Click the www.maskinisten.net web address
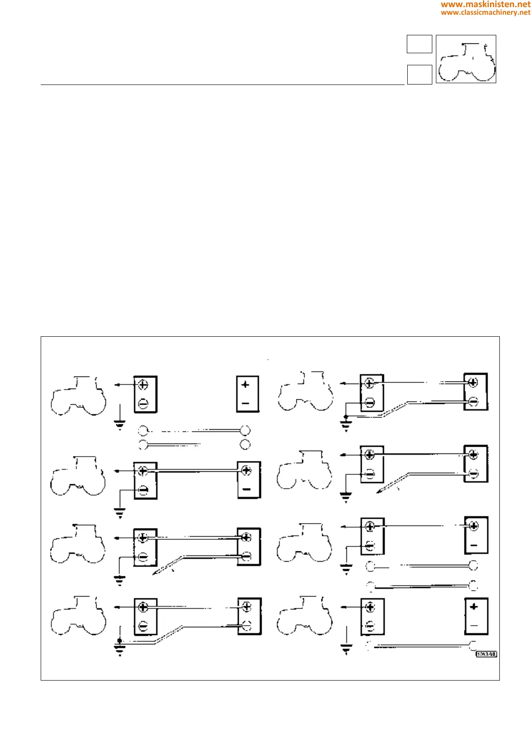pyautogui.click(x=486, y=4)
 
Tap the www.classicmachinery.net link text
pyautogui.click(x=486, y=13)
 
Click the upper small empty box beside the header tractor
pyautogui.click(x=419, y=44)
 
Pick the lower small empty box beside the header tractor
pyautogui.click(x=419, y=74)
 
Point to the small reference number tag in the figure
pyautogui.click(x=486, y=654)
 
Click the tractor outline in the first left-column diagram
pyautogui.click(x=78, y=396)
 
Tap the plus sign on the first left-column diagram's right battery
pyautogui.click(x=245, y=385)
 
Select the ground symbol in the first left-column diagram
pyautogui.click(x=120, y=424)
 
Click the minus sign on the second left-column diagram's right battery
pyautogui.click(x=246, y=489)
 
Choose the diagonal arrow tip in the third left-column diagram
pyautogui.click(x=154, y=574)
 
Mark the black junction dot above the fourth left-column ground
pyautogui.click(x=119, y=641)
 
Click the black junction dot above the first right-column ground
pyautogui.click(x=346, y=417)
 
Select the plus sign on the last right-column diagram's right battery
pyautogui.click(x=474, y=607)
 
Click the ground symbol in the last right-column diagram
pyautogui.click(x=346, y=648)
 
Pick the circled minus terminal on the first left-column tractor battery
pyautogui.click(x=143, y=404)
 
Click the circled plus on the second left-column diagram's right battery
pyautogui.click(x=246, y=470)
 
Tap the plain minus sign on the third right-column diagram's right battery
pyautogui.click(x=474, y=545)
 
